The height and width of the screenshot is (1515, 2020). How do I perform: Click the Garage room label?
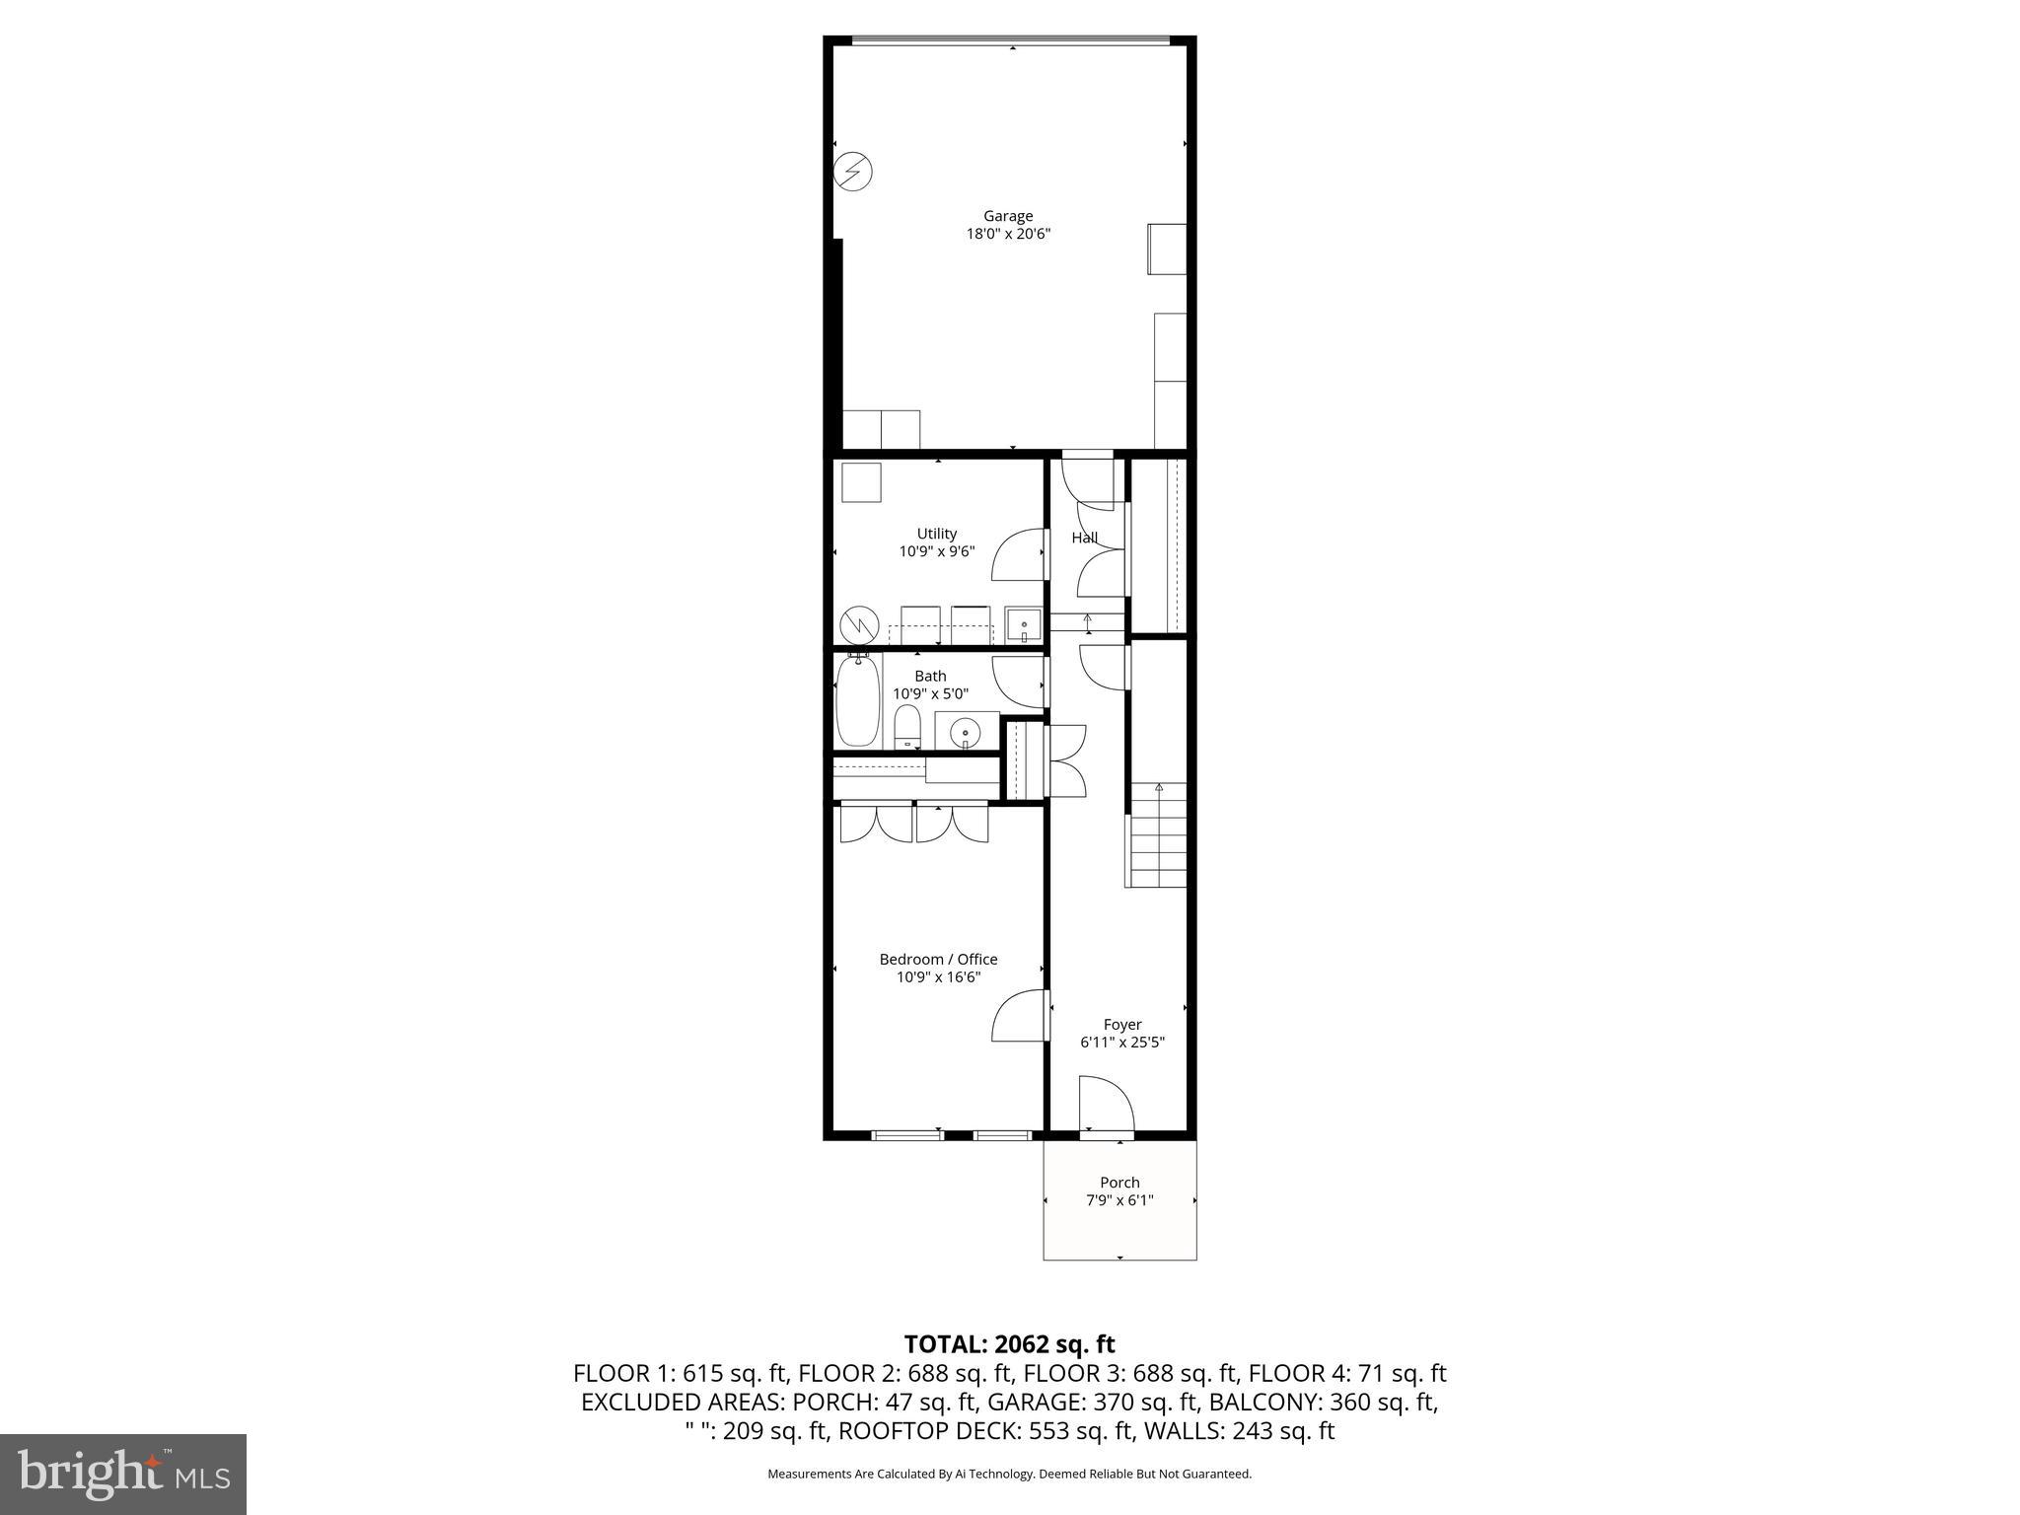tap(1007, 216)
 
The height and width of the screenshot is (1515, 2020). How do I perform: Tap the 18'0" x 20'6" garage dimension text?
tap(1007, 235)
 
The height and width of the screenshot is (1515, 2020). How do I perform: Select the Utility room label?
tap(936, 534)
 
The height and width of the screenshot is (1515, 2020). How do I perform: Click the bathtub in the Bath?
tap(857, 702)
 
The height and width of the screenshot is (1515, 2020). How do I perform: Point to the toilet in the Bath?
tap(906, 728)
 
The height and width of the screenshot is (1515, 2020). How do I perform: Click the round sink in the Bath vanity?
tap(964, 733)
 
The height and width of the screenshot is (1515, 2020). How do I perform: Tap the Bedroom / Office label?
tap(938, 959)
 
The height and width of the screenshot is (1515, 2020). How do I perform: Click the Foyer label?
tap(1121, 1025)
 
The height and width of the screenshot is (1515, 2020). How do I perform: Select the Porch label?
tap(1119, 1183)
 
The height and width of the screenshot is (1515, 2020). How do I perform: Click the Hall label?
tap(1084, 538)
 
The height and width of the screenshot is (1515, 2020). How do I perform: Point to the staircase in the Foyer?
tap(1158, 834)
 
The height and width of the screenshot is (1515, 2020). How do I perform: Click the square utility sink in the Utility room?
tap(1023, 625)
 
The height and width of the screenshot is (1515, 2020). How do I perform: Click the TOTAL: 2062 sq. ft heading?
tap(1009, 1344)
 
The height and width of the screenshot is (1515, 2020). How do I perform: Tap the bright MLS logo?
tap(123, 1475)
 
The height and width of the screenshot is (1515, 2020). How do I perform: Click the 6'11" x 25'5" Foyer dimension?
tap(1121, 1043)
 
